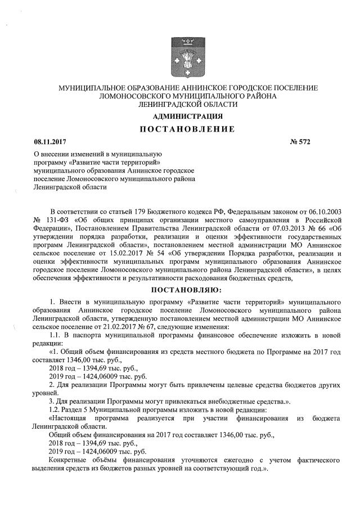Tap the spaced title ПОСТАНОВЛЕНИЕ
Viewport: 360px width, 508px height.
point(188,130)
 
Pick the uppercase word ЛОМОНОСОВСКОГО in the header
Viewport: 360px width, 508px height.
point(130,96)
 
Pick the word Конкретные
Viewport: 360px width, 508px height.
point(70,460)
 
